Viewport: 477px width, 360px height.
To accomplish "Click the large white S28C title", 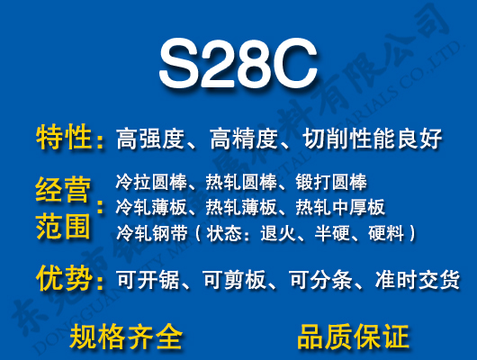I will pyautogui.click(x=238, y=63).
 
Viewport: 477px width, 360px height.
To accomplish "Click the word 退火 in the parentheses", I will pyautogui.click(x=278, y=234).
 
